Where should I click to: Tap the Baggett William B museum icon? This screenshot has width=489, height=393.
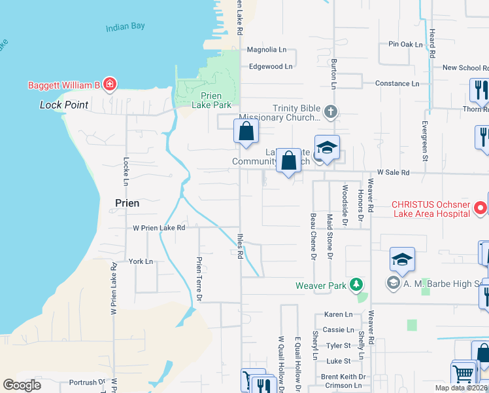pyautogui.click(x=110, y=84)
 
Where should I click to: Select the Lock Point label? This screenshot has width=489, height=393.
pyautogui.click(x=64, y=105)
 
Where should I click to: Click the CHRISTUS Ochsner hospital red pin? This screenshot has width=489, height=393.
pyautogui.click(x=481, y=208)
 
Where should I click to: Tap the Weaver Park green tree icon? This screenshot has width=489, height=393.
pyautogui.click(x=356, y=284)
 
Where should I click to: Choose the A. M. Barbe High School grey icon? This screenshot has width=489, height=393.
pyautogui.click(x=393, y=283)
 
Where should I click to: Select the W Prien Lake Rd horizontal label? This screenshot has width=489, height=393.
pyautogui.click(x=160, y=228)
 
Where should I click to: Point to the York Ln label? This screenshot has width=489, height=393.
pyautogui.click(x=141, y=261)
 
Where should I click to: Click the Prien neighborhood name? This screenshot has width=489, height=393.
pyautogui.click(x=127, y=203)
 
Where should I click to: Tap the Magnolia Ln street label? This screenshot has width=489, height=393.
pyautogui.click(x=267, y=50)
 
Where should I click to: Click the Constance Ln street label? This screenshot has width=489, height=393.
pyautogui.click(x=397, y=84)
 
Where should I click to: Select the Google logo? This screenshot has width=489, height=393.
pyautogui.click(x=22, y=385)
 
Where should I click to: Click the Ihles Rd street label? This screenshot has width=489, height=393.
pyautogui.click(x=240, y=244)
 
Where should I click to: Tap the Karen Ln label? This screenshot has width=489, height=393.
pyautogui.click(x=339, y=314)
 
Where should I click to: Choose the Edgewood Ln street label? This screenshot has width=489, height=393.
pyautogui.click(x=271, y=66)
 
